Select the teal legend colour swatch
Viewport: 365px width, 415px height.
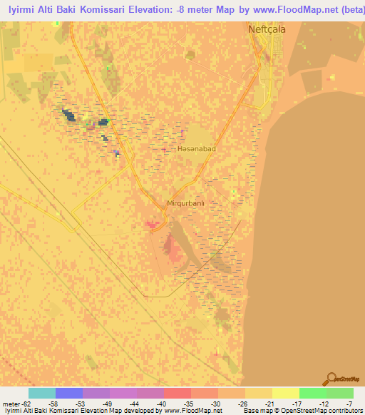pyautogui.click(x=41, y=393)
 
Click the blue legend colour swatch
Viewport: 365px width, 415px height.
pyautogui.click(x=68, y=393)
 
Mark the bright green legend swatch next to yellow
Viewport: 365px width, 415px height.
pyautogui.click(x=312, y=393)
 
